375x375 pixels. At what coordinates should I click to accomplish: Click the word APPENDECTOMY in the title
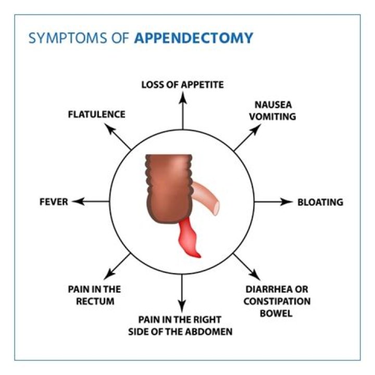tap(193, 38)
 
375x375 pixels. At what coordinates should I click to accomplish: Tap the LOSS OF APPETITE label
tap(182, 84)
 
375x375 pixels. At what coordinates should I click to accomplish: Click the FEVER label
tap(54, 202)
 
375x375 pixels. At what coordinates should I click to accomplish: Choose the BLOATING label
tap(320, 202)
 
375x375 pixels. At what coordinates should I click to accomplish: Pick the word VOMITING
tap(272, 116)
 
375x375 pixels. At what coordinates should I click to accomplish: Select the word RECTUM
tap(94, 301)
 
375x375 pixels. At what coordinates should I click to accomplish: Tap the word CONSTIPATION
tap(277, 301)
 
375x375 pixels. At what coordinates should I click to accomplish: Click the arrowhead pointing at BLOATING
tap(288, 202)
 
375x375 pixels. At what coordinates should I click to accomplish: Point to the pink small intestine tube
tap(209, 195)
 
